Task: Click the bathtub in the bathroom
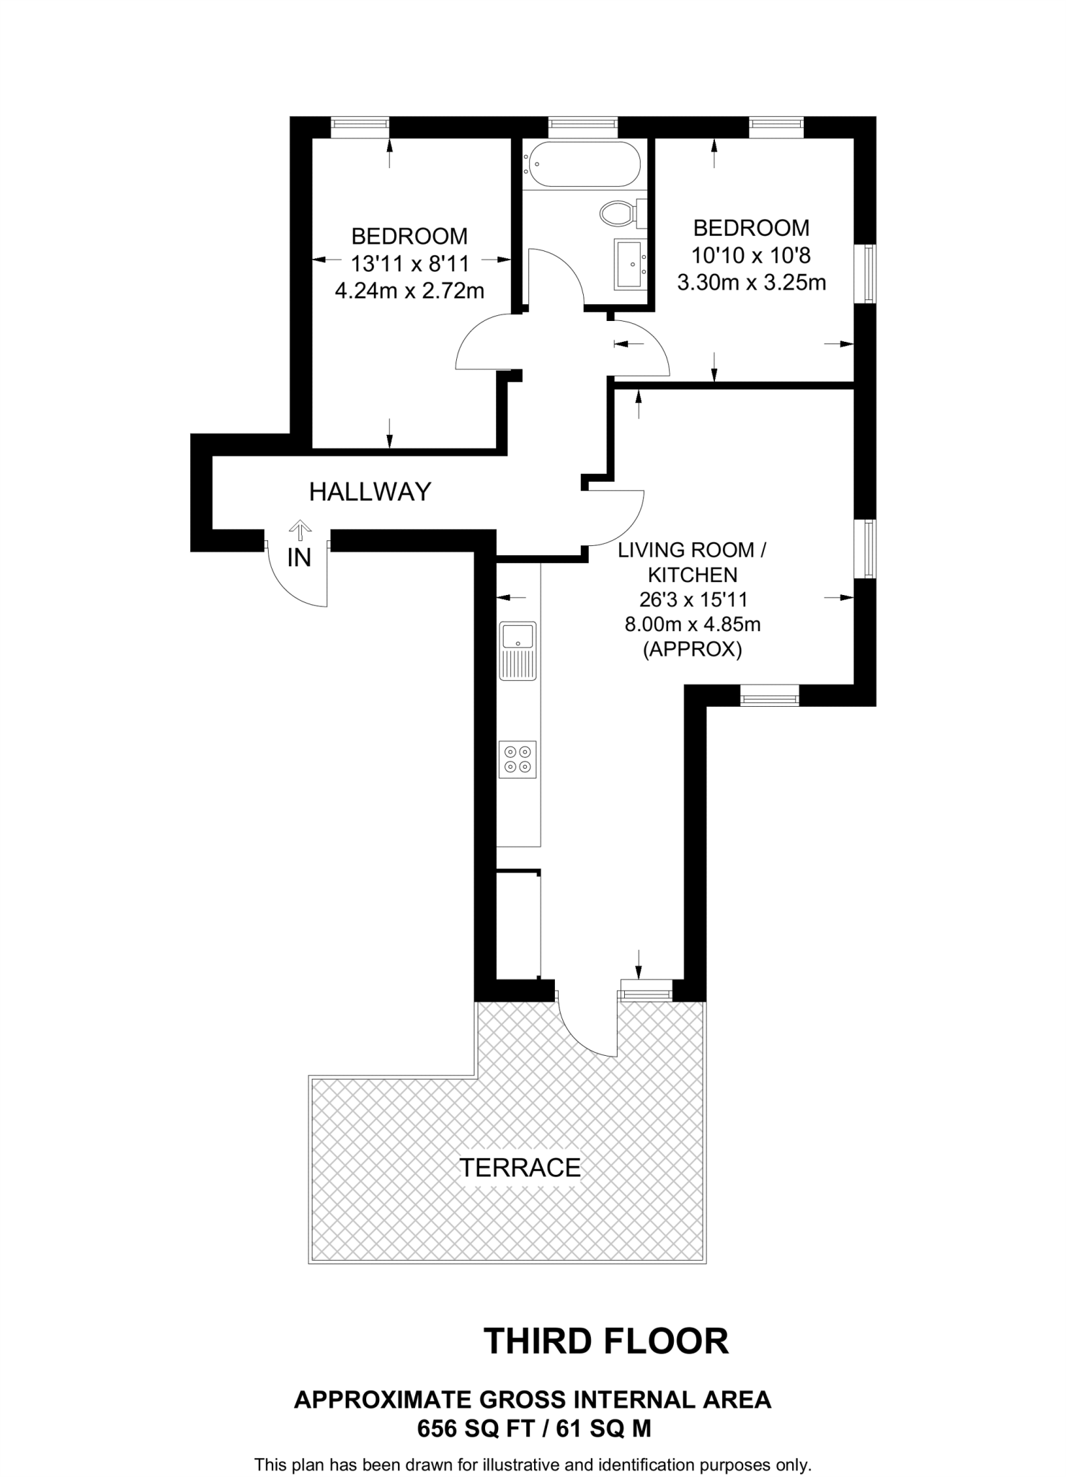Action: (583, 164)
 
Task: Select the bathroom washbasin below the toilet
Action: (629, 265)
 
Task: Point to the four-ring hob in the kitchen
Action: (518, 759)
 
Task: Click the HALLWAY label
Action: (370, 492)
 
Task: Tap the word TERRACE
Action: (520, 1168)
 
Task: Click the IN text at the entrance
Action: (299, 557)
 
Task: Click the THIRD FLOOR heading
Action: (606, 1341)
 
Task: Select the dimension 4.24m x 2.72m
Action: (409, 291)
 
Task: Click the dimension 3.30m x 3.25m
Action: (751, 283)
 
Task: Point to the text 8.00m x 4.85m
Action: (692, 624)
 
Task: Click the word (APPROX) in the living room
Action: (692, 650)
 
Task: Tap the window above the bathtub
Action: (582, 127)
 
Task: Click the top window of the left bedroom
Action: (360, 127)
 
